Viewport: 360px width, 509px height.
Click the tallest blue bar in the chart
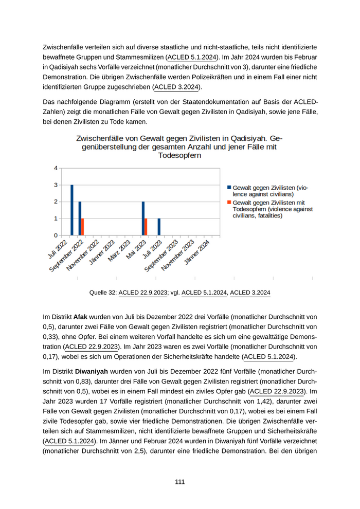(72, 210)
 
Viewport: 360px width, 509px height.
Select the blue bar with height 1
(159, 227)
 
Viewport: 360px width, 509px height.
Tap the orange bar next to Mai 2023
(146, 227)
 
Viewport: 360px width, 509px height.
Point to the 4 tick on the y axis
(56, 168)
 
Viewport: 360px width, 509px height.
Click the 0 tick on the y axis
(56, 235)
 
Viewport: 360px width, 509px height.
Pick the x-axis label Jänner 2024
(197, 251)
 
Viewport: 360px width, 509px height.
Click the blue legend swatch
(229, 188)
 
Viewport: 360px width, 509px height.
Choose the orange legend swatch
(229, 203)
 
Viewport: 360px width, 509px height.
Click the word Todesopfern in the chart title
(179, 155)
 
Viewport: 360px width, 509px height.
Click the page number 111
(179, 482)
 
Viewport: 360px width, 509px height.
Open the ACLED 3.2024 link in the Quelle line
(250, 293)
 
